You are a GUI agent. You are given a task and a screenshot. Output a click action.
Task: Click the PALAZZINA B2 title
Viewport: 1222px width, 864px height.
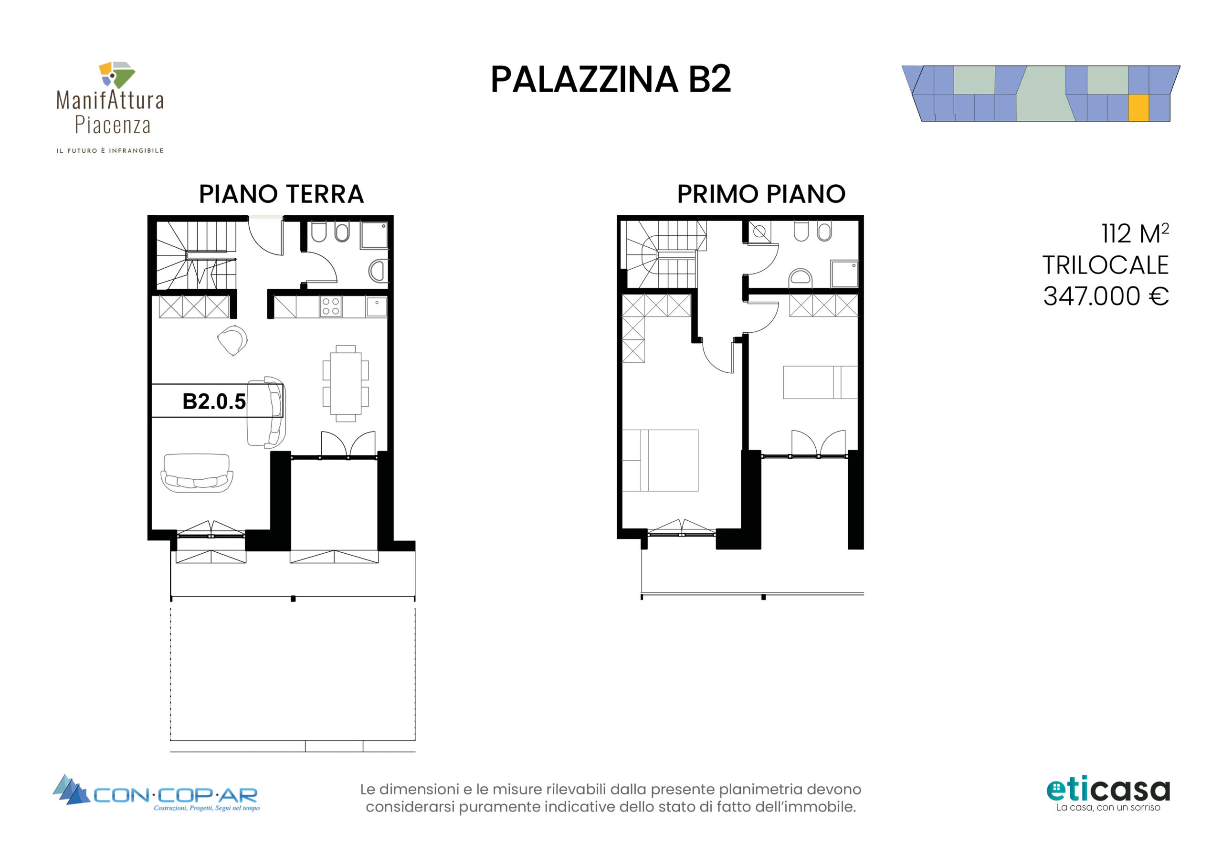pos(611,80)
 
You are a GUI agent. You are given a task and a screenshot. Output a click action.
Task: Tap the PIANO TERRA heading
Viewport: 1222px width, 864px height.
pos(281,194)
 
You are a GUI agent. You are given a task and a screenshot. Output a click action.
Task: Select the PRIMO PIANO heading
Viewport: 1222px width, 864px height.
pos(761,194)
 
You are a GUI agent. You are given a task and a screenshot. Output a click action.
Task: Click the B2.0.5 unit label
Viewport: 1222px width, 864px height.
pos(214,401)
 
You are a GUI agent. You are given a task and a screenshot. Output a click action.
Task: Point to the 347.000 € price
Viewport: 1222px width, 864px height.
pos(1106,296)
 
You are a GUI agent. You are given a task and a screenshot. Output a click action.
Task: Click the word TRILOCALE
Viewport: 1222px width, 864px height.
pos(1106,265)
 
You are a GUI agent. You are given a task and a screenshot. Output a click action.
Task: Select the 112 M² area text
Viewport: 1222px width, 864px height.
pos(1135,234)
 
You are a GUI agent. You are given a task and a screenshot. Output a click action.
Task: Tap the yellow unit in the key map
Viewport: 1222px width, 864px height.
pos(1138,107)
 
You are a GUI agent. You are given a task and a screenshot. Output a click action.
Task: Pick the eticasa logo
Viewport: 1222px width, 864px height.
pos(1108,795)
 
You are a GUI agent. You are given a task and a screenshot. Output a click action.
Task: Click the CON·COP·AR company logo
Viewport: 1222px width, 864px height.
pos(157,793)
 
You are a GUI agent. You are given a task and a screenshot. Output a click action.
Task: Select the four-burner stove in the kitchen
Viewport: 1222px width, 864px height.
pos(330,307)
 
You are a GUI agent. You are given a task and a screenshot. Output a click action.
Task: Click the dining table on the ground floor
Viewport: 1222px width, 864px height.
pos(346,383)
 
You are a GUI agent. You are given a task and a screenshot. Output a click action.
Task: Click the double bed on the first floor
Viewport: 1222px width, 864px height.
pos(660,461)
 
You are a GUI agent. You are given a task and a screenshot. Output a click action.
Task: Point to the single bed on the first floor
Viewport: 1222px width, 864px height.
pos(820,382)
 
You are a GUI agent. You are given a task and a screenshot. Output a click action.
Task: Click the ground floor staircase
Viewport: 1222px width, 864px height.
pos(196,255)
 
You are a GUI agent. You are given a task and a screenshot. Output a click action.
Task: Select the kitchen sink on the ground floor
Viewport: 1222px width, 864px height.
pos(377,307)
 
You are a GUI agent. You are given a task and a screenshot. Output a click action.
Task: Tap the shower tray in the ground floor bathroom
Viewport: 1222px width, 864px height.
pos(374,235)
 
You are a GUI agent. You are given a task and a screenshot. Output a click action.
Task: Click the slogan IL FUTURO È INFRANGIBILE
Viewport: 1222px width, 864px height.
pos(110,151)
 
